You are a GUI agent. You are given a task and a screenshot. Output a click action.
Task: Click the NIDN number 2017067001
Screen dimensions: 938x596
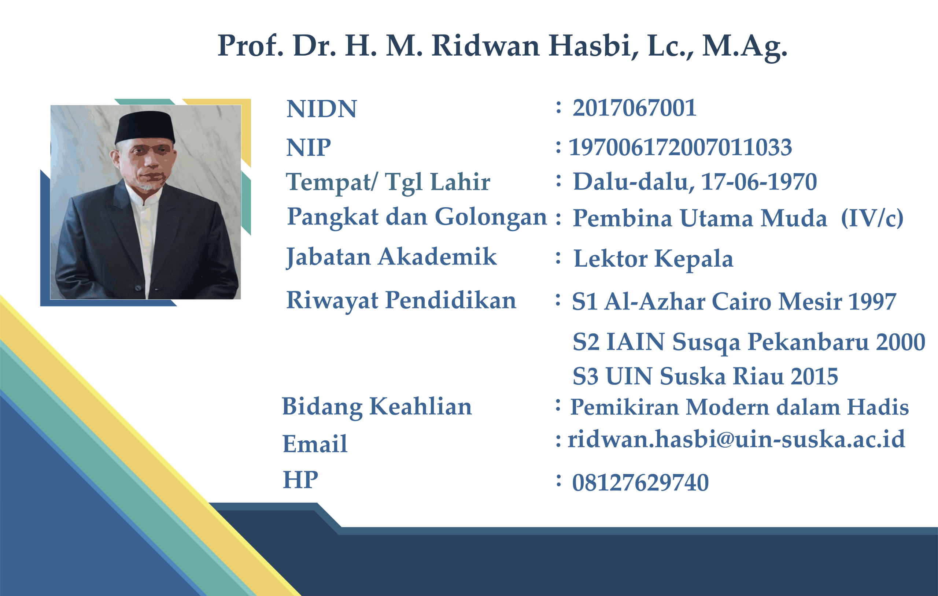[634, 108]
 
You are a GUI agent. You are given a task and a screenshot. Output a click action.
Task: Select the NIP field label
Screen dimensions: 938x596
[309, 148]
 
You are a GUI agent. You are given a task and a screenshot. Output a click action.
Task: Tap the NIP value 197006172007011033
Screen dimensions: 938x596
[680, 147]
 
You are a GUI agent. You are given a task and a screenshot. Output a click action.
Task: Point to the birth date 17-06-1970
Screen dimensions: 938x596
[758, 182]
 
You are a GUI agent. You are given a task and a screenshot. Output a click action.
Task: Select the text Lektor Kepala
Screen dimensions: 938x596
[653, 259]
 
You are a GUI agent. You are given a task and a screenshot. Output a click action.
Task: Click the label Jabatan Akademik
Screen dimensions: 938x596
[391, 257]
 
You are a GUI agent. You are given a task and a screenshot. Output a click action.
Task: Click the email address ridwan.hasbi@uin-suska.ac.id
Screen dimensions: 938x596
[736, 439]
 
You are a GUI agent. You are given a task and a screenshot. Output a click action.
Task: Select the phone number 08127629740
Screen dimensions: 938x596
[640, 483]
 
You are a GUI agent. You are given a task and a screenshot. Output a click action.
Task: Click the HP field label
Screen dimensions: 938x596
[300, 480]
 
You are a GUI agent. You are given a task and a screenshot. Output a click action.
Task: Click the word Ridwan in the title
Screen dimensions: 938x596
[485, 45]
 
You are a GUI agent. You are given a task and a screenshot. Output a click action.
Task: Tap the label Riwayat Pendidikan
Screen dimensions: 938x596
[401, 301]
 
